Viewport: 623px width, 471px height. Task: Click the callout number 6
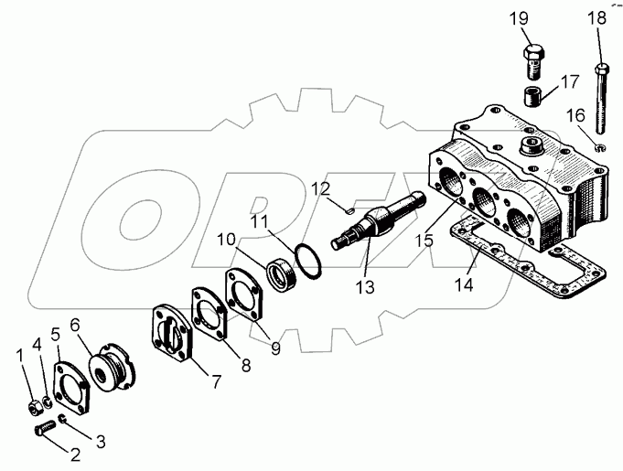point(75,324)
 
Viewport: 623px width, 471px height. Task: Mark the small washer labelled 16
point(599,146)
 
